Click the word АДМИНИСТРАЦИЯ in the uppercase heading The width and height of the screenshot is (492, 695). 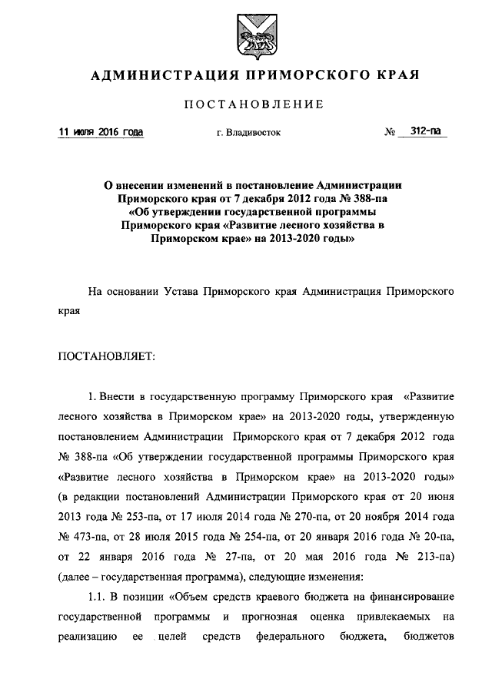pyautogui.click(x=154, y=76)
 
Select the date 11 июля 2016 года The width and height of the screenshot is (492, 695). pyautogui.click(x=101, y=132)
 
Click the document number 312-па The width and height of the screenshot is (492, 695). pyautogui.click(x=421, y=131)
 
